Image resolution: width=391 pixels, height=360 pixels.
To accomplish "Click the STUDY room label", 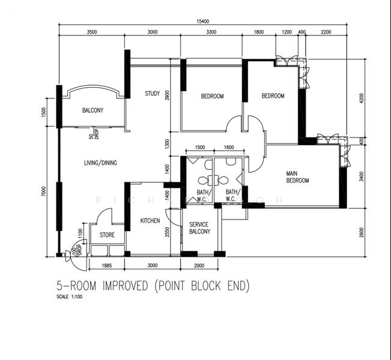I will (152, 94).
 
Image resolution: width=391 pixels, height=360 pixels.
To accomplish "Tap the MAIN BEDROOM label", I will (297, 177).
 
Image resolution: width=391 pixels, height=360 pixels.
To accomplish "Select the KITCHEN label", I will (150, 221).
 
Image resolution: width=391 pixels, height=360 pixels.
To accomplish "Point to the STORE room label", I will (107, 235).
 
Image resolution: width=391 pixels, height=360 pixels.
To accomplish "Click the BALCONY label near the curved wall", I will (92, 110).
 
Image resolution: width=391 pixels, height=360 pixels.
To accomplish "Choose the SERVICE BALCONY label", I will (199, 228).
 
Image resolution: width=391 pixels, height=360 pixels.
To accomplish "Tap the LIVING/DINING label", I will (100, 163).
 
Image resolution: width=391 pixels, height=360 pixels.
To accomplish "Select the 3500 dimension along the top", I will (92, 32).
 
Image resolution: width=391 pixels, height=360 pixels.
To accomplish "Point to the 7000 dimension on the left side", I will (44, 191).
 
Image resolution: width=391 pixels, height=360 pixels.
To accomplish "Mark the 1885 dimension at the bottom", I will (106, 265).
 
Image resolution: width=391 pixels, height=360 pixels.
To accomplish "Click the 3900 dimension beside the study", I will (168, 95).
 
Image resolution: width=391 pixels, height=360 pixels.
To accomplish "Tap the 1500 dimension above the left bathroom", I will (199, 148).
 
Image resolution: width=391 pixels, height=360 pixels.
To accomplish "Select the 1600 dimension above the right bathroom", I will (228, 148).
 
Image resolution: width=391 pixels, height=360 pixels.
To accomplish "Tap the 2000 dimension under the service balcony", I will (199, 265).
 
